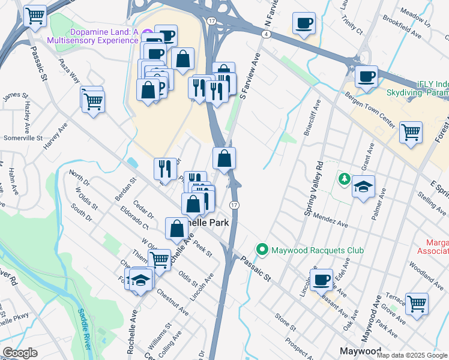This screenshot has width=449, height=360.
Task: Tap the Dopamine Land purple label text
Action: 103,36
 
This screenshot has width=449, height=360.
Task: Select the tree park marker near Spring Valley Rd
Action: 345,179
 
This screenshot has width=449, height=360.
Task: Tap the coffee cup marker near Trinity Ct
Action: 304,24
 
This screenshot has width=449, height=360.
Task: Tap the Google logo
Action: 20,353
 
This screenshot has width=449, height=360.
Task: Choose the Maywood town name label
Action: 361,350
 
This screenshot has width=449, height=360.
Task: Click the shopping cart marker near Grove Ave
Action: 417,304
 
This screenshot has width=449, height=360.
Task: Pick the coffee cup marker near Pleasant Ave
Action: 321,280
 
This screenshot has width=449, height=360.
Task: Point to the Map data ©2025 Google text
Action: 412,355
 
